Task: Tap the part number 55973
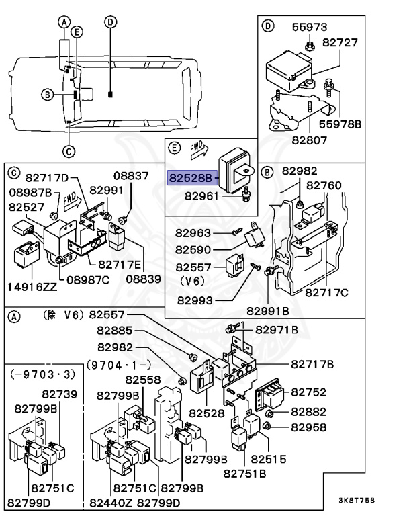(x=310, y=27)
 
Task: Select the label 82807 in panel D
(x=310, y=140)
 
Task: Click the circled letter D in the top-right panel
(x=268, y=26)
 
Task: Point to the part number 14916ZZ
(x=32, y=287)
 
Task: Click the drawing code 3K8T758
(x=357, y=501)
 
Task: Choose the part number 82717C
(x=326, y=292)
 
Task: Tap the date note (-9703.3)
(x=43, y=374)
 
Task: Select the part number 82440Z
(x=111, y=503)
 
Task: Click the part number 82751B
(x=244, y=474)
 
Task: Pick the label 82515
(x=268, y=459)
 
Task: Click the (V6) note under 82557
(x=193, y=281)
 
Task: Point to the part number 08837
(x=131, y=176)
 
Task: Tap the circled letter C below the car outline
(x=69, y=151)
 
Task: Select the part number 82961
(x=201, y=196)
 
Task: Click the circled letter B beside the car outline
(x=48, y=95)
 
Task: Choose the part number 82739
(x=59, y=394)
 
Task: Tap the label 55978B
(x=340, y=124)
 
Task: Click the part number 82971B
(x=277, y=329)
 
